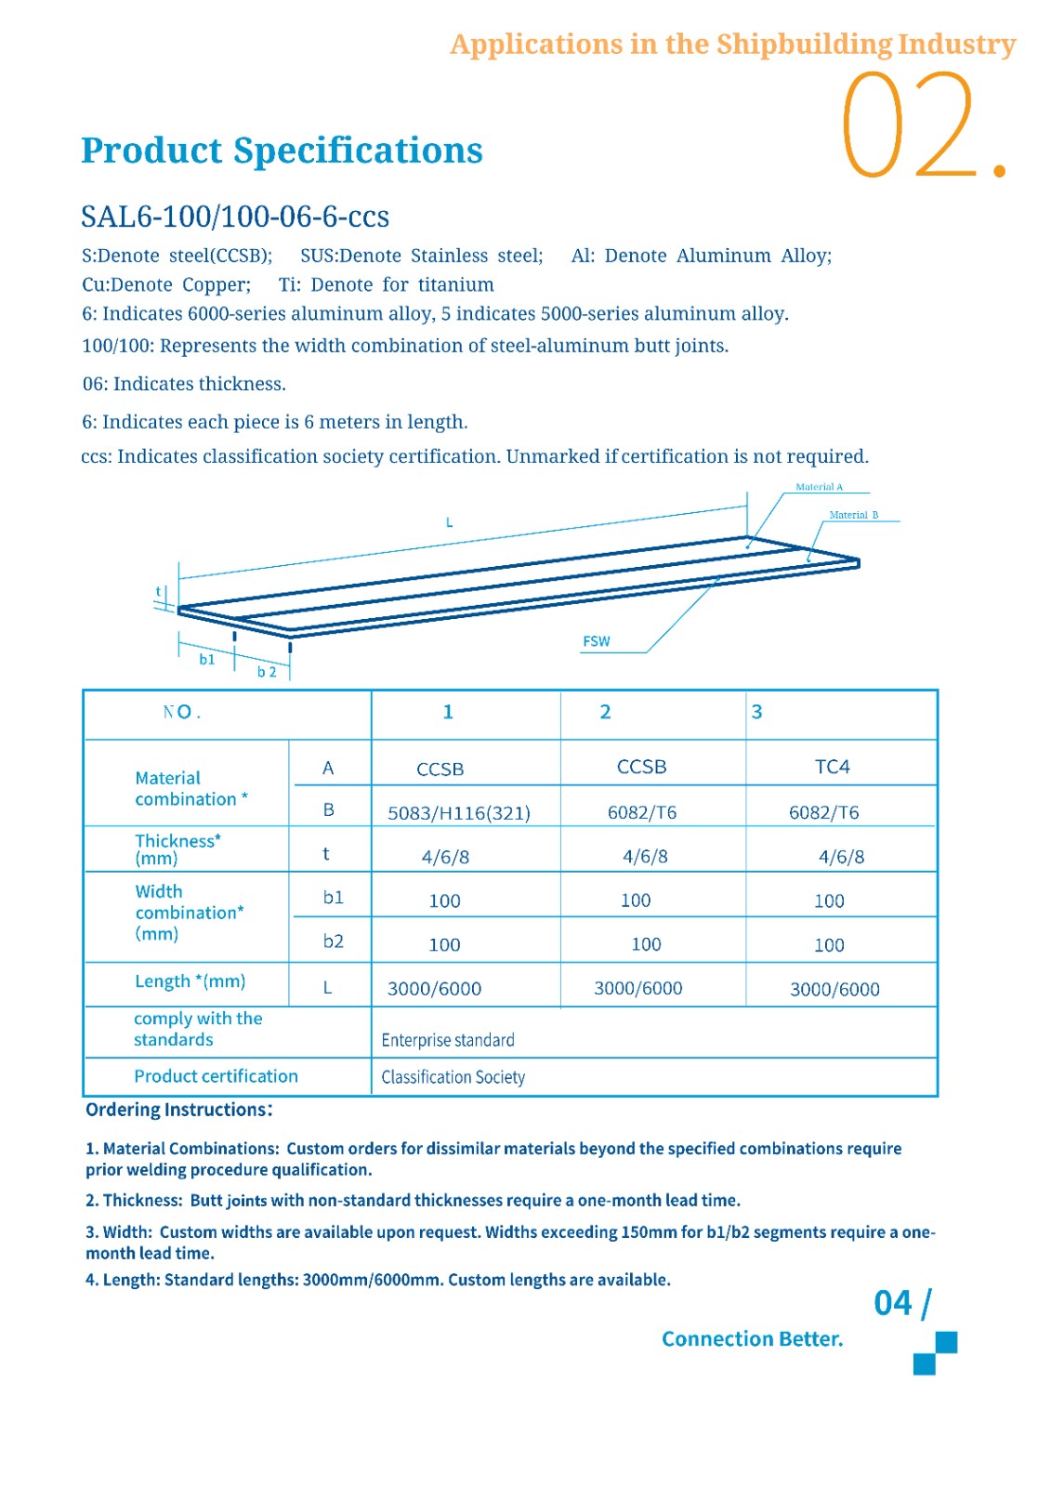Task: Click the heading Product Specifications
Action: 282,151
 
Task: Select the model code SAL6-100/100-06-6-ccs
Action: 235,217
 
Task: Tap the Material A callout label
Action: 819,487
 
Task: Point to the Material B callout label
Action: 853,515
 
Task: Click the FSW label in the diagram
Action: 597,641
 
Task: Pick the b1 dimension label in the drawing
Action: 207,659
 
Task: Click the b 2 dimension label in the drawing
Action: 267,672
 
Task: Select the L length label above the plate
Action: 449,522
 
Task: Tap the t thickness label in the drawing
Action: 159,591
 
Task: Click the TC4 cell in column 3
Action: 832,767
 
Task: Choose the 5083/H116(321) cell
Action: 459,813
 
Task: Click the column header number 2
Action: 605,712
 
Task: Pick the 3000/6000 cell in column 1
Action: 434,989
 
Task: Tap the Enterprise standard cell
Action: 448,1040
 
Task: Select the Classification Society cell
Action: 453,1077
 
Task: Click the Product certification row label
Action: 216,1076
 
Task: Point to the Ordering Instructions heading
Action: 178,1110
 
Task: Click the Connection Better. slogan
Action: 752,1339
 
